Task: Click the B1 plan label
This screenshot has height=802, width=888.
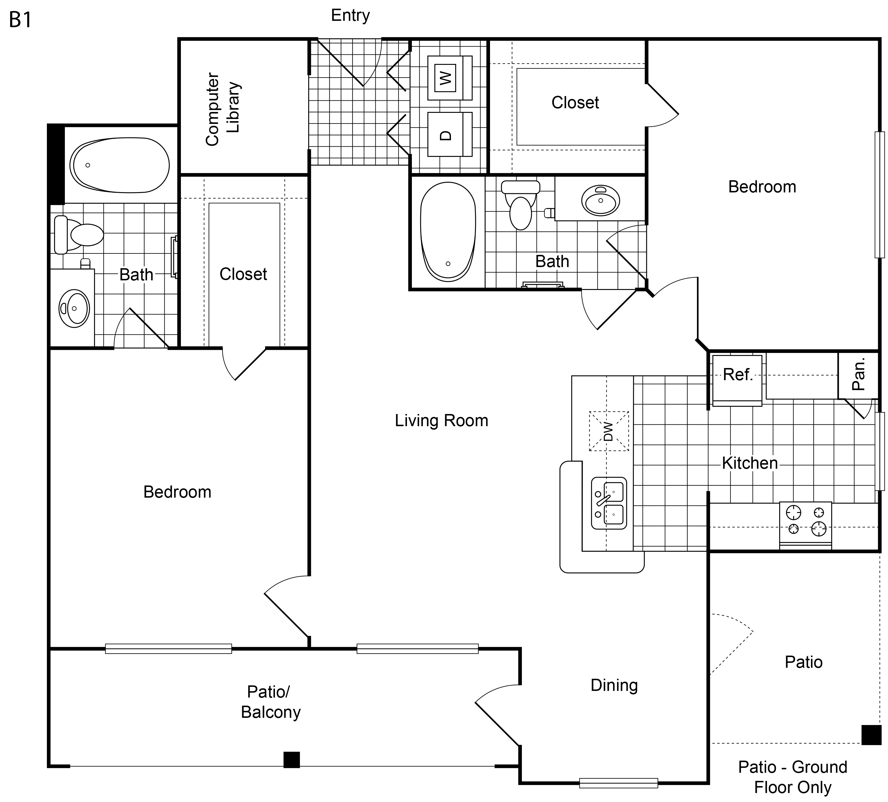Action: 20,20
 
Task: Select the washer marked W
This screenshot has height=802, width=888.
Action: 450,78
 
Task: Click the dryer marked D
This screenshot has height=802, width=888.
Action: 450,134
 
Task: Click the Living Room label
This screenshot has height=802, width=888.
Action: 441,421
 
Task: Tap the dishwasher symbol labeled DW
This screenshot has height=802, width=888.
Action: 609,431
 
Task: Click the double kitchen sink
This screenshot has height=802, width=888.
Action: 609,503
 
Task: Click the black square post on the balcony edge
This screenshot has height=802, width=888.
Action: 291,760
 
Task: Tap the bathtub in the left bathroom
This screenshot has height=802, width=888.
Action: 119,165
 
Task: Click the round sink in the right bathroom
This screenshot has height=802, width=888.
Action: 600,200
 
